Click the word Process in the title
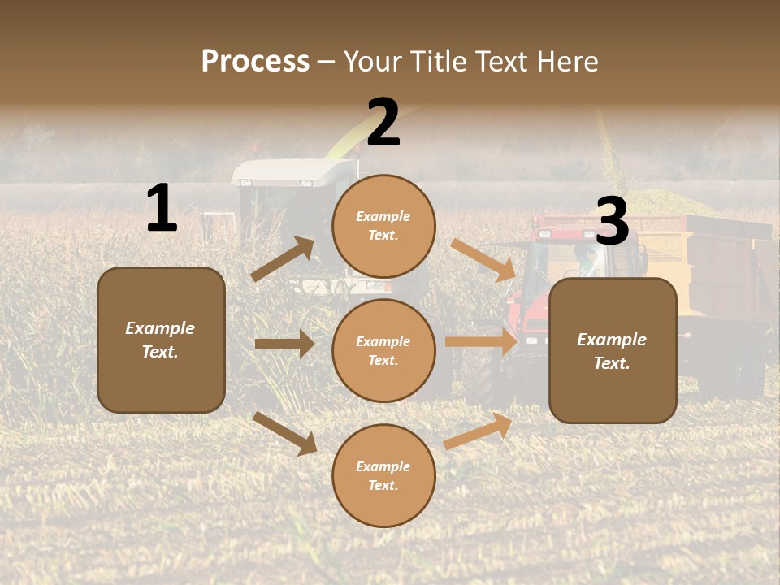(255, 62)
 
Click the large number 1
(162, 209)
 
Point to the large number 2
(383, 123)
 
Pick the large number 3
(612, 222)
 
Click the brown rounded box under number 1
(161, 340)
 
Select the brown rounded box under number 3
(613, 350)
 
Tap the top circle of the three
(383, 226)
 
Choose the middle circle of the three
(383, 350)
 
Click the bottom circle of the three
(383, 475)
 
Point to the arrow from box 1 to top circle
(283, 259)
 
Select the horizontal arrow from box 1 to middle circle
(284, 344)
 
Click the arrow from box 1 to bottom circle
(284, 433)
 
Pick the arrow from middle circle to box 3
(481, 342)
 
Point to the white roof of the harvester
(292, 171)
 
